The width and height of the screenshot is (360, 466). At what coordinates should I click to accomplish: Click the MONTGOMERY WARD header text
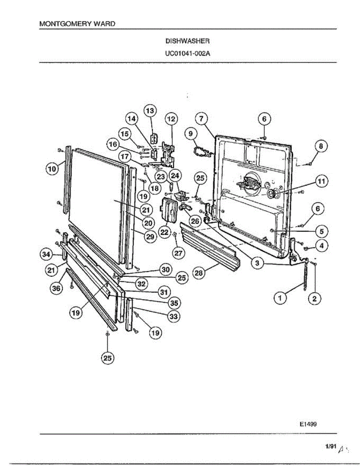coord(77,24)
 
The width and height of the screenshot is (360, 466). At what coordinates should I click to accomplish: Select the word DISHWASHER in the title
coord(188,40)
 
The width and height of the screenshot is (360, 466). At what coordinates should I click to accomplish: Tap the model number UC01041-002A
coord(188,54)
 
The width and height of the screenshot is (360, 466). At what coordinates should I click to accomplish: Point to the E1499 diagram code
coord(308,424)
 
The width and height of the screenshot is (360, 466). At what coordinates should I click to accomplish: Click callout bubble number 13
coord(150,111)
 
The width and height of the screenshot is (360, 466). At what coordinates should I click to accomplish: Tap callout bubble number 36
coord(57,288)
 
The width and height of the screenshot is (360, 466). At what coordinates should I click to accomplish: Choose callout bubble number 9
coord(191,134)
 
